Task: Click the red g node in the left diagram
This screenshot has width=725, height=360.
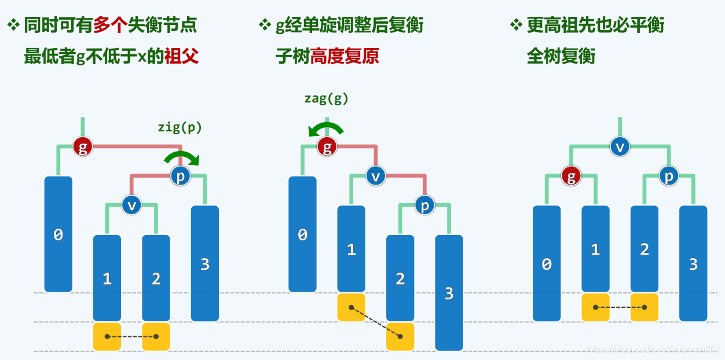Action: click(83, 146)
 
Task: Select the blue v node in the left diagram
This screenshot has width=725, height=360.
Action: click(131, 204)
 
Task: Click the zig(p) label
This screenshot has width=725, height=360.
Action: click(180, 127)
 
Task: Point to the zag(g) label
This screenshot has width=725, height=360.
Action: click(327, 98)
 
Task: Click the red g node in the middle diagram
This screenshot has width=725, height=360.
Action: click(327, 146)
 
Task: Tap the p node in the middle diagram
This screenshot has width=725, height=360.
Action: click(425, 205)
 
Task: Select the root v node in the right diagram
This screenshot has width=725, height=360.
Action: click(620, 146)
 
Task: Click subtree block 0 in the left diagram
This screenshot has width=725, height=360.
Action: click(58, 234)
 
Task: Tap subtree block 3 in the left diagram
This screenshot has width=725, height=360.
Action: click(205, 263)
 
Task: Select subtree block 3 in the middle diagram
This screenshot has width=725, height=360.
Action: click(449, 292)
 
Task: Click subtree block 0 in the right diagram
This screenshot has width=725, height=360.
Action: click(547, 263)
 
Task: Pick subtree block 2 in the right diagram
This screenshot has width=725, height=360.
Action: click(645, 249)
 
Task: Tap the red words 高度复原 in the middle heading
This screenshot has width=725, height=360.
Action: click(345, 57)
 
